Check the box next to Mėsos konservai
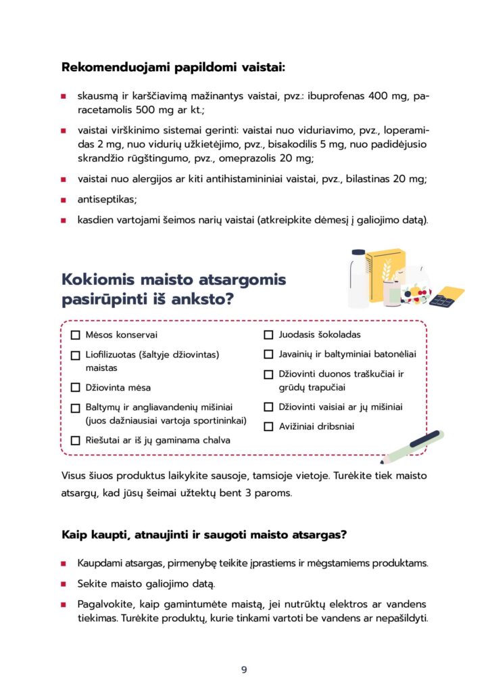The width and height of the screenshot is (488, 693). (x=75, y=335)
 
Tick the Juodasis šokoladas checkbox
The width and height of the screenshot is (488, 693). (x=268, y=334)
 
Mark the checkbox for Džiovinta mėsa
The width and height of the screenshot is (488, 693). (x=75, y=388)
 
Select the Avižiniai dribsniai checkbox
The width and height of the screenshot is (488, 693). (x=268, y=427)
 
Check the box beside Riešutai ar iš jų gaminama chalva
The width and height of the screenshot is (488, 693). (x=75, y=441)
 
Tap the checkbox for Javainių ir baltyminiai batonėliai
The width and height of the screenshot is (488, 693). (x=268, y=354)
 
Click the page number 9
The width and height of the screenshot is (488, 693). (x=244, y=670)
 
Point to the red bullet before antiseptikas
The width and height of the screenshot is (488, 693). (x=63, y=200)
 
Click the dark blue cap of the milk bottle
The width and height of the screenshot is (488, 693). (x=358, y=253)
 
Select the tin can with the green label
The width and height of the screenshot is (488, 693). (x=392, y=292)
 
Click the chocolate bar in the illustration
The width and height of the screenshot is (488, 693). (x=447, y=295)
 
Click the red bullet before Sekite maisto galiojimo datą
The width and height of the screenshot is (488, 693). (x=63, y=583)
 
